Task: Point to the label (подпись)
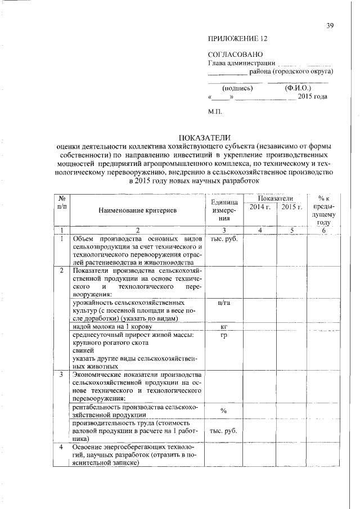237,88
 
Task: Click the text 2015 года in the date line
313,97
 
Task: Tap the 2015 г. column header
292,208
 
